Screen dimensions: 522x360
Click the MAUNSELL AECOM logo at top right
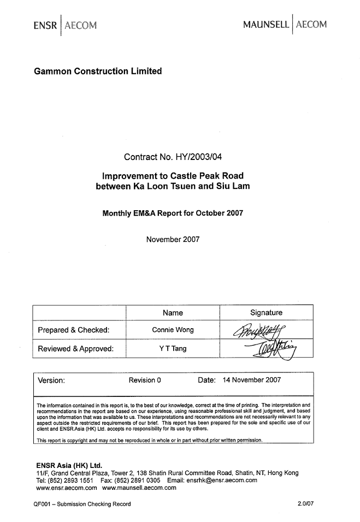tap(285, 25)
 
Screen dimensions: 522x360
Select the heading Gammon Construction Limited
tap(98, 71)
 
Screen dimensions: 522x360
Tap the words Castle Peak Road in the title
tap(207, 176)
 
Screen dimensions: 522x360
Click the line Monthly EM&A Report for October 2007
tap(173, 213)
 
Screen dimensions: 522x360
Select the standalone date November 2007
tap(173, 239)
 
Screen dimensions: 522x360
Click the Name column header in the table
tap(173, 313)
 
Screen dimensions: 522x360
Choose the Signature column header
tap(266, 313)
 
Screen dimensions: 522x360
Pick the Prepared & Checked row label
tap(74, 330)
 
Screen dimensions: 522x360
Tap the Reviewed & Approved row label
tap(75, 348)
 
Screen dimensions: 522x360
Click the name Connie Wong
tap(173, 330)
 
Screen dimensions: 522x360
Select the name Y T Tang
tap(173, 348)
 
